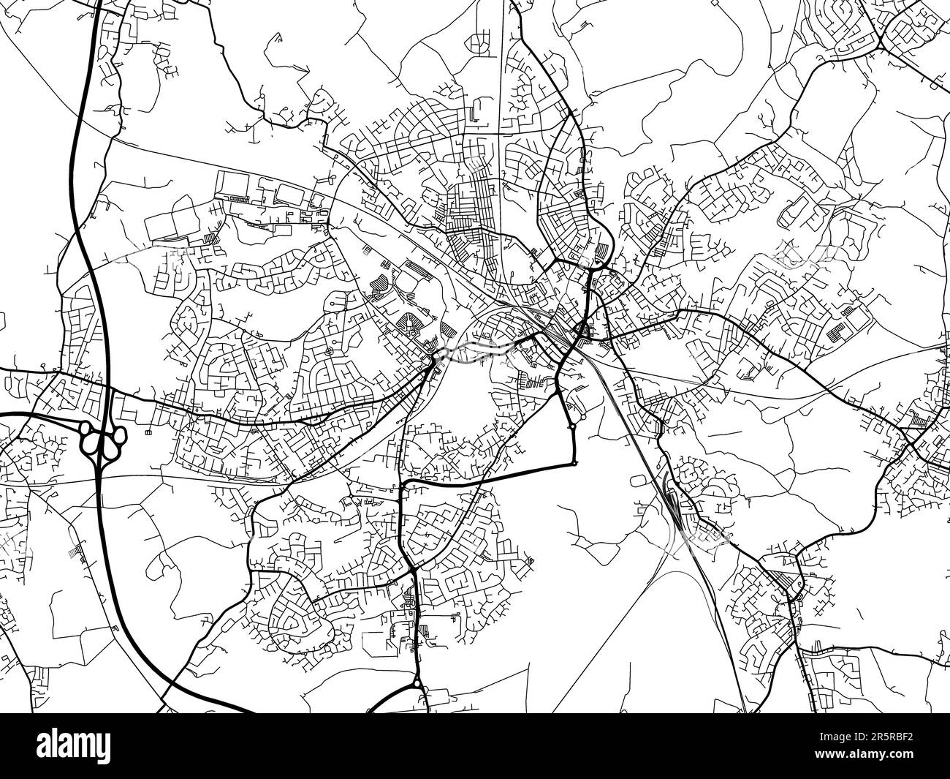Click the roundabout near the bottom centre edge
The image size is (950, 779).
[x=417, y=684]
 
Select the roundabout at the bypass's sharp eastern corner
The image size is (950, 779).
[x=575, y=462]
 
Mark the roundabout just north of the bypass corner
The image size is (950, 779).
[x=571, y=425]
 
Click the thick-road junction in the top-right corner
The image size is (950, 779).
[x=881, y=48]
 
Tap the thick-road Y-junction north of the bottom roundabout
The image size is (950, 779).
[x=414, y=569]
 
